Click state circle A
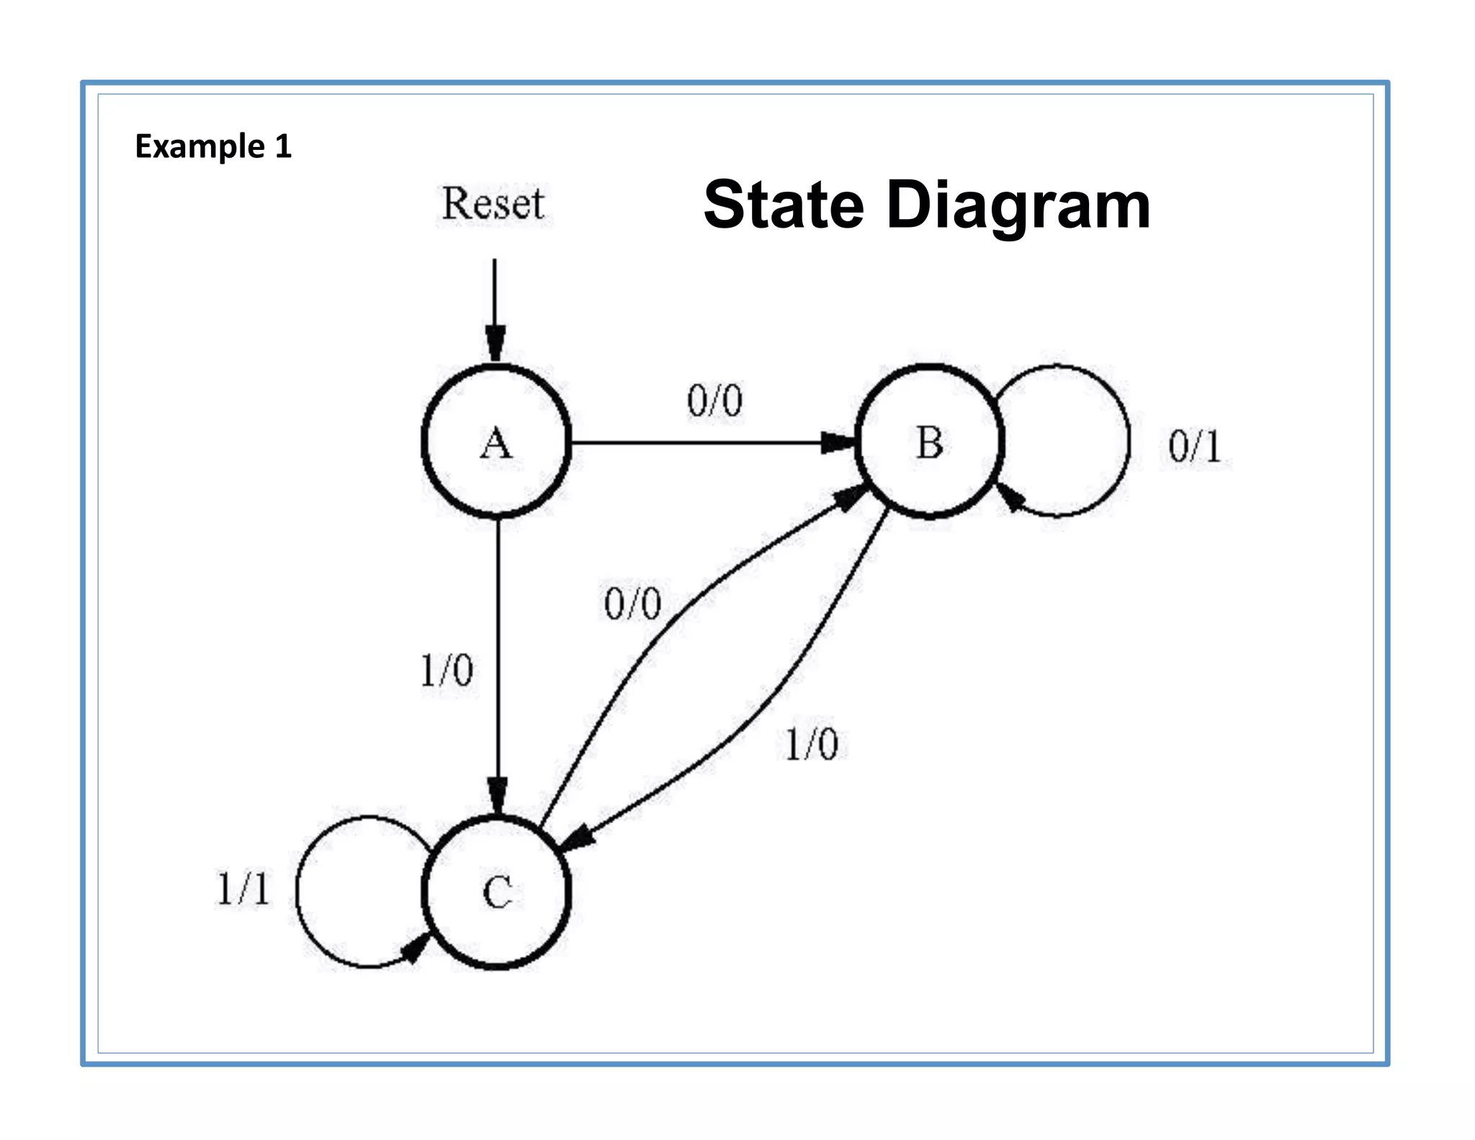(x=496, y=442)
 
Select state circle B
(x=929, y=442)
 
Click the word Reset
(x=493, y=204)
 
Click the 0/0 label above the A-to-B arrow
(x=714, y=401)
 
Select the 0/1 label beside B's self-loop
(x=1194, y=447)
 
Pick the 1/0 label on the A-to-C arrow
(x=446, y=671)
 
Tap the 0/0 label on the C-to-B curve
(x=632, y=604)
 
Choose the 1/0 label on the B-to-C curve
(x=811, y=744)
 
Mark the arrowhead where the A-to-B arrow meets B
(x=838, y=442)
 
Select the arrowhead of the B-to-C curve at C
(x=577, y=840)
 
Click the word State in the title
(x=783, y=205)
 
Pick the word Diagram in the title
(x=1018, y=207)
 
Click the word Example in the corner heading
(x=199, y=146)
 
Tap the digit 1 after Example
(x=283, y=146)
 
